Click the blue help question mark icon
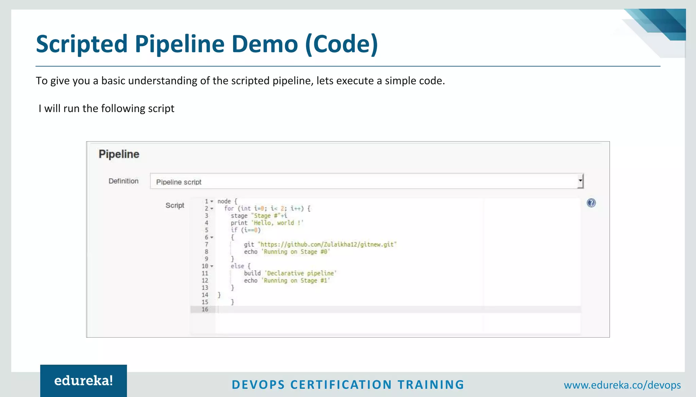click(591, 203)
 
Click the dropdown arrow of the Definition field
click(580, 181)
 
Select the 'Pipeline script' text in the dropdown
click(179, 182)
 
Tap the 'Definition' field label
click(123, 181)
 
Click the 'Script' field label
click(175, 205)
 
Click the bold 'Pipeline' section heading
click(119, 154)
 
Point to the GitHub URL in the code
click(327, 245)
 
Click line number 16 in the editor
click(205, 309)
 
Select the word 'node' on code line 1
click(224, 201)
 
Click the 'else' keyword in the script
click(237, 266)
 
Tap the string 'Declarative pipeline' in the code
click(300, 273)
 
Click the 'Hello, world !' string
click(277, 223)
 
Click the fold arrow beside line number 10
click(212, 266)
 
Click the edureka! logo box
click(84, 381)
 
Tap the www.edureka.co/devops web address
click(622, 385)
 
